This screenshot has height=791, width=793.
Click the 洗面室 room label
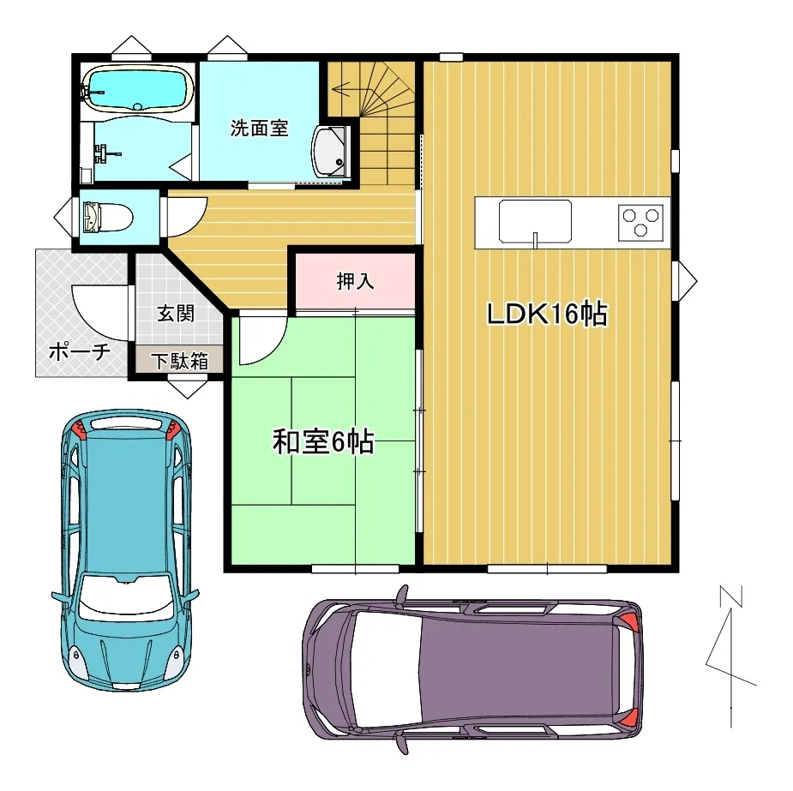pos(259,129)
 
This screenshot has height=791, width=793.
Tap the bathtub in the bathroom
pos(136,89)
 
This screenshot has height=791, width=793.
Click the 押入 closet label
pos(354,281)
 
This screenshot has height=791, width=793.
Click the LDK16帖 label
pos(547,315)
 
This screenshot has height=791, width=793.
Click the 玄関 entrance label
pos(175,313)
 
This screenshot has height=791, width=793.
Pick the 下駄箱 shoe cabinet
pos(180,360)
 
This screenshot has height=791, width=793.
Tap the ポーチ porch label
pos(79,351)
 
